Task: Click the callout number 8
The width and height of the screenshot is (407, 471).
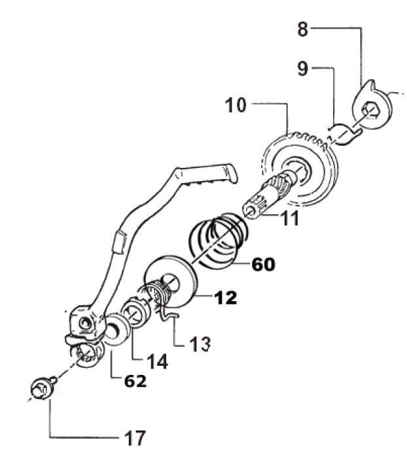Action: pos(302,29)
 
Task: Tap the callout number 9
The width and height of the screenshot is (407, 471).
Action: pos(302,69)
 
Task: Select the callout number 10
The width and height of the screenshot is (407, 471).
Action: pos(236,105)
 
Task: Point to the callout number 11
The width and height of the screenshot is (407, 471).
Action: pos(290,218)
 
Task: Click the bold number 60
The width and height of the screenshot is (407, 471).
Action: pos(263,265)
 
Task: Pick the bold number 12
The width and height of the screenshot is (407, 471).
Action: pos(226,297)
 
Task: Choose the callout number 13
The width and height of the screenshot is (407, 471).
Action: pos(200,344)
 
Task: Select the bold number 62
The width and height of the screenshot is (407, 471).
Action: pos(135,381)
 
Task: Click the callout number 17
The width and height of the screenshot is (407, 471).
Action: pos(135,438)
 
